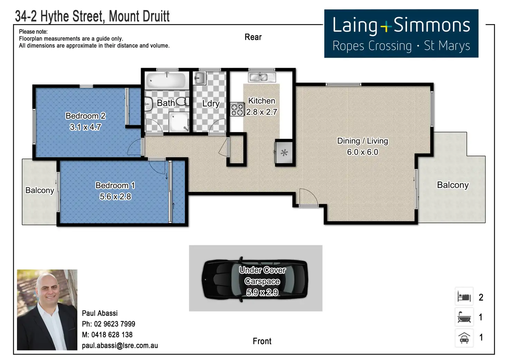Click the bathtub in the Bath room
tap(167, 81)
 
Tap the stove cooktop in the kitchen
tap(237, 109)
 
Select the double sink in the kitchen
tap(262, 77)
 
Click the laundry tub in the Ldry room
tap(200, 78)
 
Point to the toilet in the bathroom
tap(183, 101)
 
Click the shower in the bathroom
tap(179, 122)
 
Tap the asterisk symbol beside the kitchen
tap(284, 153)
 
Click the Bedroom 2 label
tap(85, 116)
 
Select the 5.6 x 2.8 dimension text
tap(115, 196)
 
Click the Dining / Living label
tap(362, 141)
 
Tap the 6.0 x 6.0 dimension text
tap(363, 152)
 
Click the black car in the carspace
tap(255, 279)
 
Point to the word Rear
tap(253, 37)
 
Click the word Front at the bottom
tap(262, 341)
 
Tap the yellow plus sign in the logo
tap(386, 27)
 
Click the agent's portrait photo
tap(47, 310)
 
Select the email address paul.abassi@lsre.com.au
tap(120, 346)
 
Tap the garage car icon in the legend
tap(464, 338)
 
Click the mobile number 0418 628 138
tap(112, 335)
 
